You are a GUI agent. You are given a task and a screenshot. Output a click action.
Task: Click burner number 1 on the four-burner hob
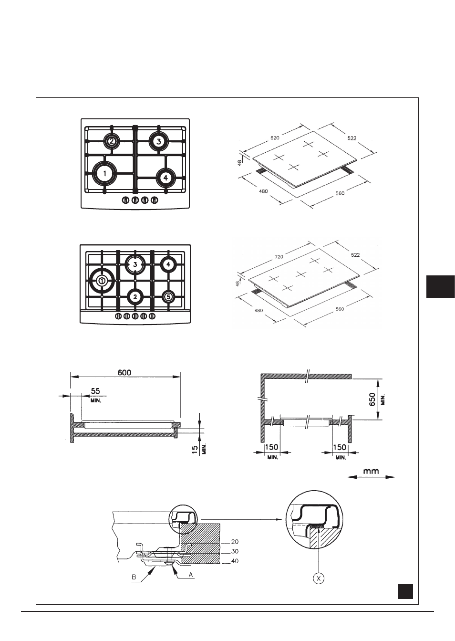tap(105, 173)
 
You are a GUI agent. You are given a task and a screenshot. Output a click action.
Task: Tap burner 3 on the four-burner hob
tap(159, 141)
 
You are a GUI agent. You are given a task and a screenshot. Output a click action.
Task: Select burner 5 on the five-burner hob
tap(168, 297)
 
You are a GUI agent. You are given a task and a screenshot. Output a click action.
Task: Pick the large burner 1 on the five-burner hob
tap(102, 281)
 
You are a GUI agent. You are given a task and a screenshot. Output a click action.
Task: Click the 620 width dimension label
tap(275, 138)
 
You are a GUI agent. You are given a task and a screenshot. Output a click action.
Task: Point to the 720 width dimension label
tap(279, 257)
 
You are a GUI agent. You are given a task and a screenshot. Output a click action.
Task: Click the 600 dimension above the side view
tap(124, 373)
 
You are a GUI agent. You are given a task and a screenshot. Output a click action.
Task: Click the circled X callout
tap(319, 578)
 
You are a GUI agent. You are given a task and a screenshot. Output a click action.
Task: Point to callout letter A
tap(190, 574)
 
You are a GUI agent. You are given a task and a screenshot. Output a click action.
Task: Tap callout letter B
tap(134, 577)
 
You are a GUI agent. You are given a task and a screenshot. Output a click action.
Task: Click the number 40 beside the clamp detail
tap(235, 561)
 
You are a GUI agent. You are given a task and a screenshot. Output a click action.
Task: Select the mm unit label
tap(371, 471)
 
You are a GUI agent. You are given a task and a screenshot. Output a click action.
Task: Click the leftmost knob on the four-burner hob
tap(125, 200)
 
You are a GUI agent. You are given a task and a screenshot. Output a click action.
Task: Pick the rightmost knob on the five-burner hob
tap(153, 316)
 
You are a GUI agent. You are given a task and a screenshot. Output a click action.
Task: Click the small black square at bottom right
tap(405, 591)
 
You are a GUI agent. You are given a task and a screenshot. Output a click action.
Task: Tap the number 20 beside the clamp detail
tap(235, 542)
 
